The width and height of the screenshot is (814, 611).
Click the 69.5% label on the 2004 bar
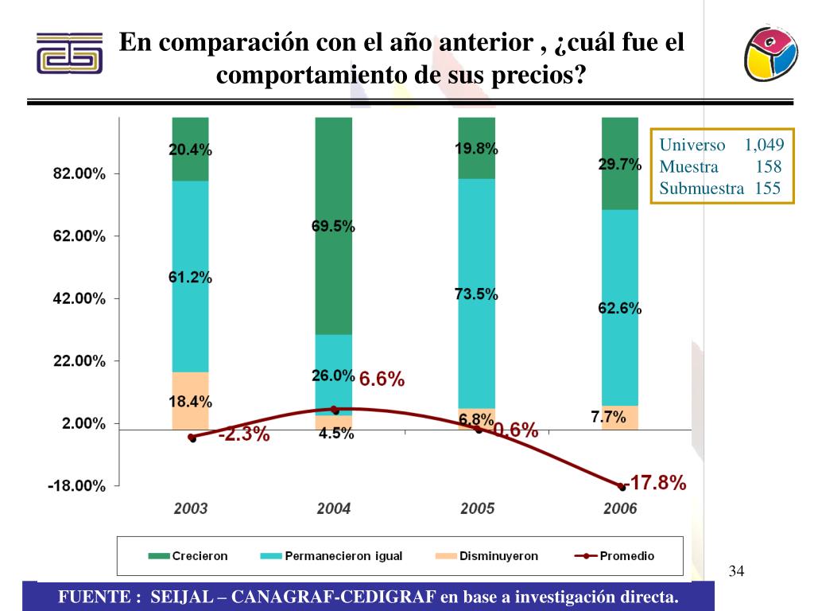pyautogui.click(x=333, y=227)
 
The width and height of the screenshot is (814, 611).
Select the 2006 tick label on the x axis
pyautogui.click(x=620, y=509)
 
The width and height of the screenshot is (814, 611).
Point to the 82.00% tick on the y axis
pyautogui.click(x=79, y=174)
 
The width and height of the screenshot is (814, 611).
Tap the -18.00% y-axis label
pyautogui.click(x=76, y=486)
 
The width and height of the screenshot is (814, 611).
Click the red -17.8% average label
pyautogui.click(x=657, y=483)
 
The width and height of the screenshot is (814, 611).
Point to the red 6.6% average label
pyautogui.click(x=382, y=380)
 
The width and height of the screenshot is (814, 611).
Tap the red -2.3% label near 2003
pyautogui.click(x=244, y=435)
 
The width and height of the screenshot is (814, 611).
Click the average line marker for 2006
pyautogui.click(x=622, y=487)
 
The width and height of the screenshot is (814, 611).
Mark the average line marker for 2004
pyautogui.click(x=334, y=411)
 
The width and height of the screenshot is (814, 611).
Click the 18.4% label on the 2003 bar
pyautogui.click(x=190, y=402)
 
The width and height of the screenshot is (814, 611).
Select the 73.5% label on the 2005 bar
pyautogui.click(x=476, y=294)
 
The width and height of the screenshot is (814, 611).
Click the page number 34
pyautogui.click(x=736, y=571)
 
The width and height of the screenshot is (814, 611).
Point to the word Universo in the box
pyautogui.click(x=692, y=145)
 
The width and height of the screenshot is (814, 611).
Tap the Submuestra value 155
pyautogui.click(x=768, y=189)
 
